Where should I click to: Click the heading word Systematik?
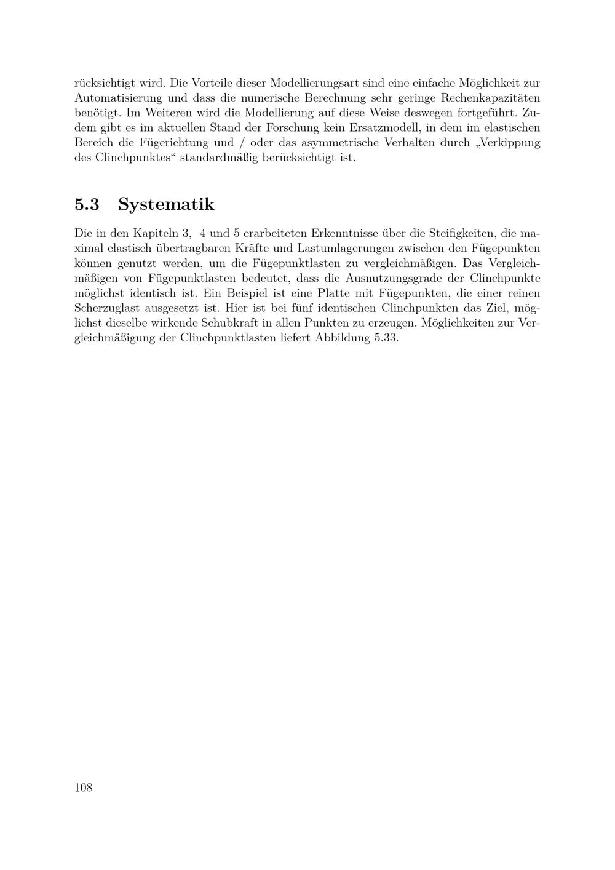coord(166,204)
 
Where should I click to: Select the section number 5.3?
coord(87,204)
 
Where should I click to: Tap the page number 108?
coord(84,788)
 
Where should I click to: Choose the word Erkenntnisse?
coord(344,234)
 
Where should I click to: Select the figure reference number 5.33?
coord(386,338)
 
